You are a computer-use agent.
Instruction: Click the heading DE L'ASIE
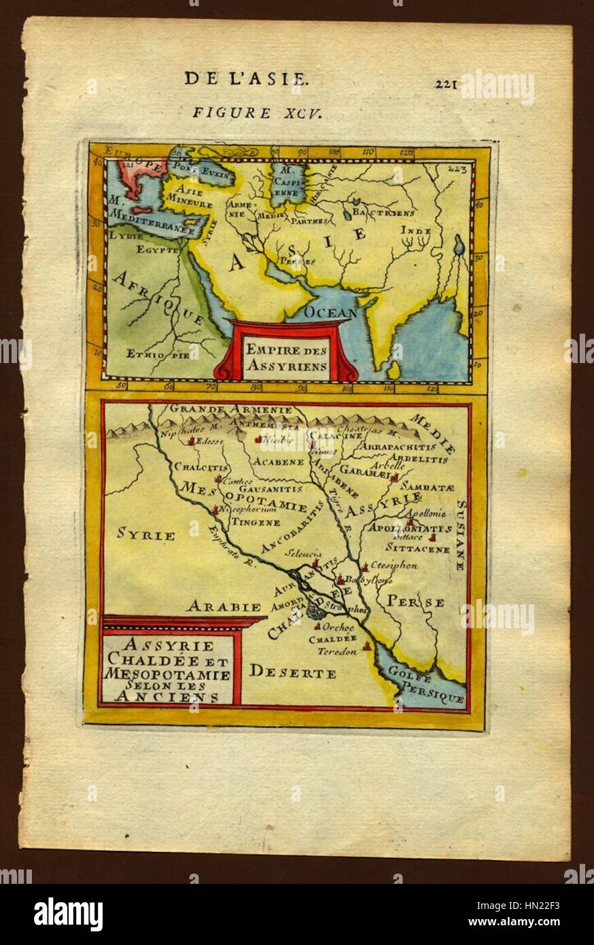245,78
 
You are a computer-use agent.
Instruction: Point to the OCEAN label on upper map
330,313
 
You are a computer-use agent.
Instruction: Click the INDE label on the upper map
415,230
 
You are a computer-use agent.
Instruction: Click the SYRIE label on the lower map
145,534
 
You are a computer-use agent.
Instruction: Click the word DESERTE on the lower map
292,673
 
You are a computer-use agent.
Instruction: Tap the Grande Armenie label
231,409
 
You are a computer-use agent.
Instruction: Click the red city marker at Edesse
192,441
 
